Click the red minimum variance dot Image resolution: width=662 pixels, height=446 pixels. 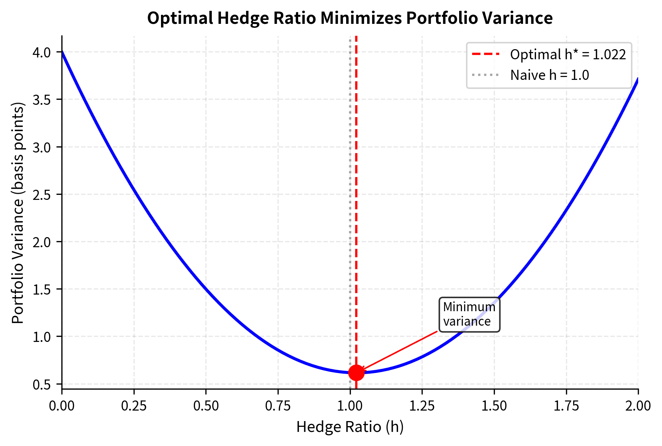point(356,373)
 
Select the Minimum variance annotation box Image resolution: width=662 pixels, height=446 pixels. point(469,314)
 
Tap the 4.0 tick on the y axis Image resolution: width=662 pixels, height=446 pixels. point(42,52)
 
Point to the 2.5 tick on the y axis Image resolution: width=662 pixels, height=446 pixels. point(42,194)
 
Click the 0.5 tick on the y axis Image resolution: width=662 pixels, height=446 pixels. point(42,385)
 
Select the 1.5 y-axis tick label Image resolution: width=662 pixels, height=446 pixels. point(42,290)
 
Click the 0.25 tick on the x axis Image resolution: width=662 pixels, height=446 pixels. point(134,406)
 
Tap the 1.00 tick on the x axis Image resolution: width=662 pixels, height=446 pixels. point(350,406)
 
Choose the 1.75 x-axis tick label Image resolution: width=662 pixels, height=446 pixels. point(566,406)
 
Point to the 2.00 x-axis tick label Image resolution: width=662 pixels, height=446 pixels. point(638,406)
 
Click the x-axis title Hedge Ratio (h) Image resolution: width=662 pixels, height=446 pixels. point(350,427)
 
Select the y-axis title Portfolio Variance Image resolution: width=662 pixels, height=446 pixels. point(18,213)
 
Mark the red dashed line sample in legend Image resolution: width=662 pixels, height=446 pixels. point(486,55)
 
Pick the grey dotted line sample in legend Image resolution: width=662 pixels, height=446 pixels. point(486,75)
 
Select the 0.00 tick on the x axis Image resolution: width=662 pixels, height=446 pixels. point(62,406)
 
